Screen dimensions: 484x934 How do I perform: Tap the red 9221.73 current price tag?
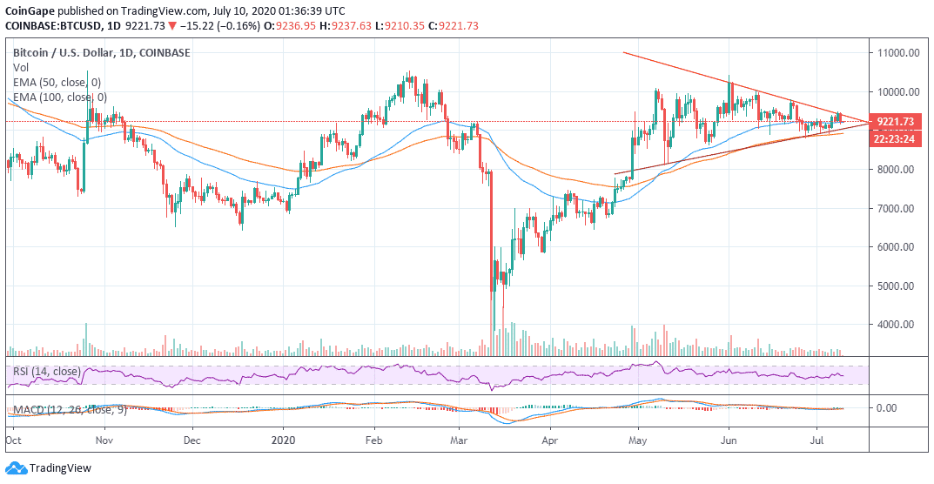click(894, 122)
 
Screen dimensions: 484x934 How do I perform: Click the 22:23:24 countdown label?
click(894, 138)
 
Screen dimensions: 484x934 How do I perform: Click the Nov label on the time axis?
click(104, 441)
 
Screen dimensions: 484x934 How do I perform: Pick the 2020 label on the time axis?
click(285, 441)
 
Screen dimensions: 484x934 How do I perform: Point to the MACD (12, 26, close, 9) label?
click(69, 409)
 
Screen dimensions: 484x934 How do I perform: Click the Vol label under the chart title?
click(20, 67)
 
